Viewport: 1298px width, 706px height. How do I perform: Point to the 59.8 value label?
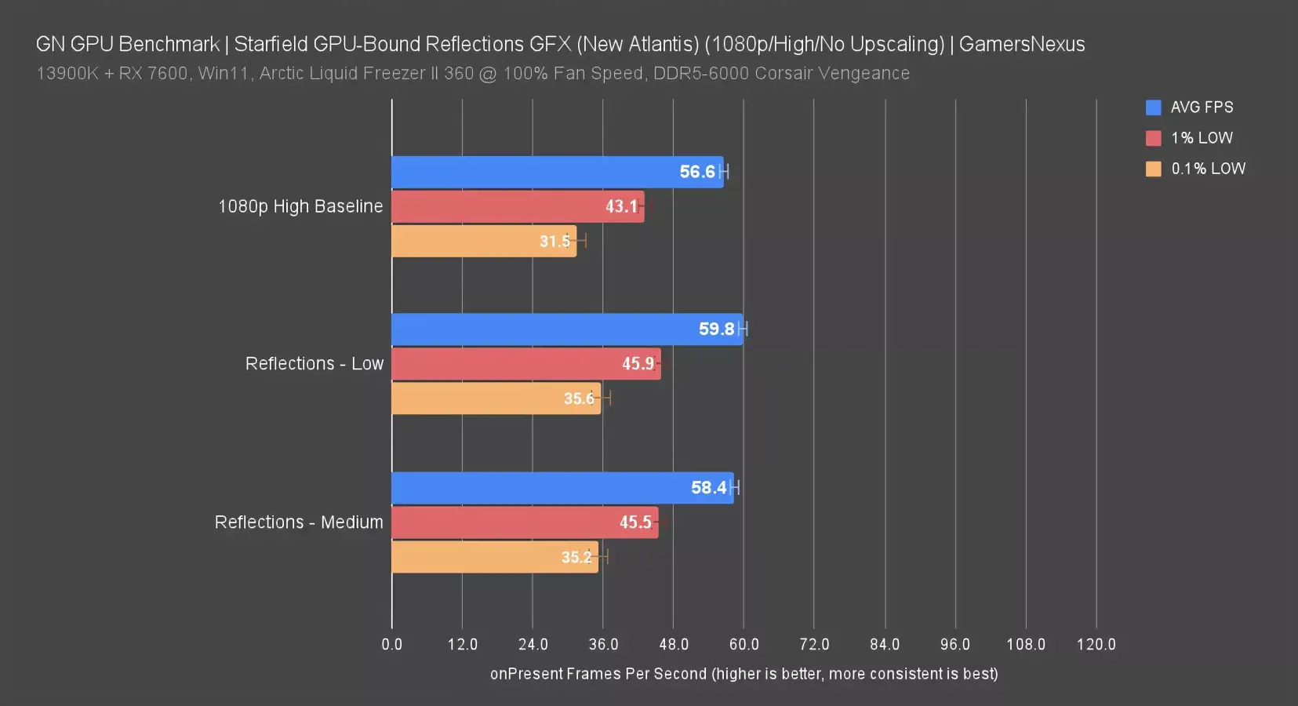pyautogui.click(x=716, y=329)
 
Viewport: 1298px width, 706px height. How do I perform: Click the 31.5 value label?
pyautogui.click(x=554, y=242)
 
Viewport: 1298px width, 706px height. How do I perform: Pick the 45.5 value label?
pyautogui.click(x=635, y=522)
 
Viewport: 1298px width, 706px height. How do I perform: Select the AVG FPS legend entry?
pyautogui.click(x=1201, y=107)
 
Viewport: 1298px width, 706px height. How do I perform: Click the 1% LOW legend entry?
pyautogui.click(x=1201, y=138)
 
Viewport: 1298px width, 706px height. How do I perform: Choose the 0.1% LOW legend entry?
pyautogui.click(x=1207, y=169)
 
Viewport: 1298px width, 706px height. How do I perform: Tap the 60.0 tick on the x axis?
pyautogui.click(x=744, y=645)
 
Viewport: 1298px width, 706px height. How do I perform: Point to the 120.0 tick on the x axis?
pyautogui.click(x=1096, y=645)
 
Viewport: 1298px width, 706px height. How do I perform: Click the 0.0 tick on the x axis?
pyautogui.click(x=392, y=645)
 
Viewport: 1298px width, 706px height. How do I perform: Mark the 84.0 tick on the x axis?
pyautogui.click(x=885, y=645)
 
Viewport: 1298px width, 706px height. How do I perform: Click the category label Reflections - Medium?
pyautogui.click(x=299, y=522)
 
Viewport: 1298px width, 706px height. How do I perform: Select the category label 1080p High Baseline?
pyautogui.click(x=300, y=206)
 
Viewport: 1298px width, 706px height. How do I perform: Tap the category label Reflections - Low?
pyautogui.click(x=315, y=364)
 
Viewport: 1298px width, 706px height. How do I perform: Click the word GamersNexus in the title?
pyautogui.click(x=1022, y=44)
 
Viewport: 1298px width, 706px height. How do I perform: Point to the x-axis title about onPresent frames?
pyautogui.click(x=744, y=674)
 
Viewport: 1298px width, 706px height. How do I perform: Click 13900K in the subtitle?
pyautogui.click(x=67, y=74)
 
